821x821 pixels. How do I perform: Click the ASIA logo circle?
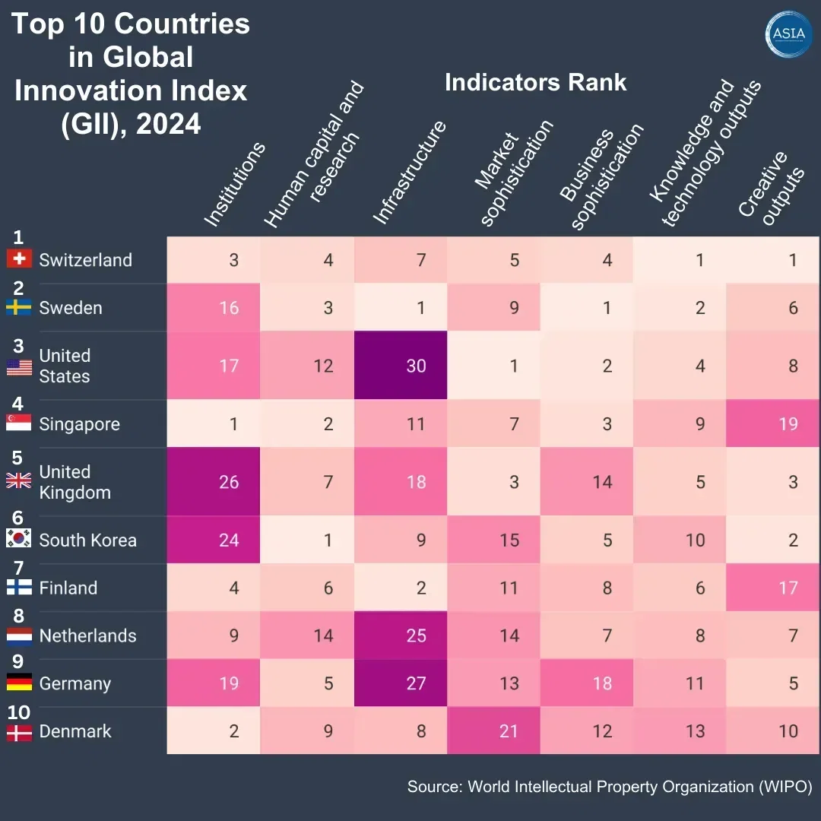coord(788,33)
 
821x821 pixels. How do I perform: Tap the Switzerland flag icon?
coord(19,260)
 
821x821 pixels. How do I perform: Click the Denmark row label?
coord(75,731)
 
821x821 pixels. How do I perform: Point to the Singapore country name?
coord(79,424)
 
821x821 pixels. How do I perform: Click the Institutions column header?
coord(235,185)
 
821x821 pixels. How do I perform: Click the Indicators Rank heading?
coord(535,83)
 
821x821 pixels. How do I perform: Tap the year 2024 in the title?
coord(169,123)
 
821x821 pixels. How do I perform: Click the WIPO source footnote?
coord(610,786)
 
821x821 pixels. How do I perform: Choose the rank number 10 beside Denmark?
coord(18,712)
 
